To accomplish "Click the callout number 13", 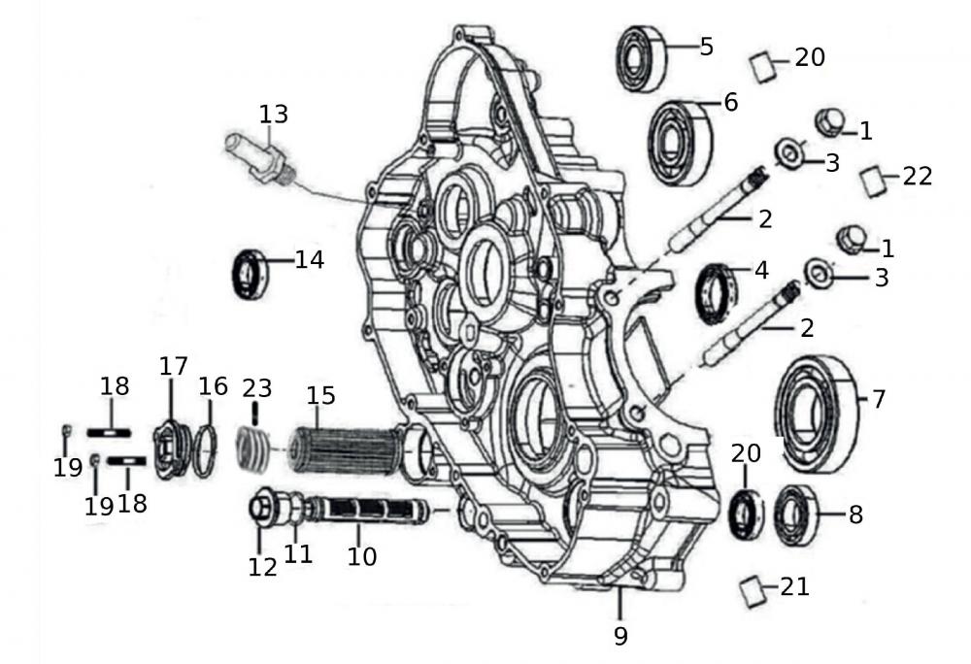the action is (x=274, y=115).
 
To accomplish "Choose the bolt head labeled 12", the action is (x=260, y=508).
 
